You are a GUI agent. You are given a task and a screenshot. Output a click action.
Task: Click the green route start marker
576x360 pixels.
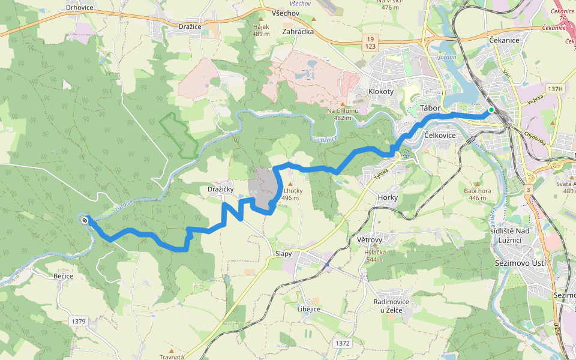tap(491, 110)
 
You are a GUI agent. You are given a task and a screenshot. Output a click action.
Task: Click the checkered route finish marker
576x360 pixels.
tap(85, 220)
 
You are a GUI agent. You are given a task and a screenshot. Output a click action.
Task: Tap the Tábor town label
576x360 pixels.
tap(430, 108)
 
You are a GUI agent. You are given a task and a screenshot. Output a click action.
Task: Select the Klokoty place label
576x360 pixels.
tap(381, 92)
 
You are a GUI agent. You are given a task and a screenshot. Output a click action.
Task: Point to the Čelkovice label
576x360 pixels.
tap(440, 136)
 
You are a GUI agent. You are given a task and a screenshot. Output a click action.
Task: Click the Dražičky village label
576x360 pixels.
tap(220, 190)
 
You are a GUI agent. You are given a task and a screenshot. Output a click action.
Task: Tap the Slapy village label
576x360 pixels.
tap(283, 254)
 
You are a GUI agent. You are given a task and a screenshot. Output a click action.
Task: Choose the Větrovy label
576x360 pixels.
tap(370, 240)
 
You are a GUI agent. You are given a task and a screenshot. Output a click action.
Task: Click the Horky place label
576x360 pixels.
tap(388, 197)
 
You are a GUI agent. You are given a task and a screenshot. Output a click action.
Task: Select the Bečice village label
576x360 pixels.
tap(62, 276)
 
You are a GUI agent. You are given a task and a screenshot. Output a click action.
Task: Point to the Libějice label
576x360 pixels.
tap(308, 309)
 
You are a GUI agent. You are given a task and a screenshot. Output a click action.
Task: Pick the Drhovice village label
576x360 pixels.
tap(79, 8)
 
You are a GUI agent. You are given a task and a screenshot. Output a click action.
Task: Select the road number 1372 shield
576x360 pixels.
tap(343, 343)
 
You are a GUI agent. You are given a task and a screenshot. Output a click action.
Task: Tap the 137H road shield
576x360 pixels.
tap(556, 89)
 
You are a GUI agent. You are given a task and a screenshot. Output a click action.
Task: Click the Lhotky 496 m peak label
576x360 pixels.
tap(293, 194)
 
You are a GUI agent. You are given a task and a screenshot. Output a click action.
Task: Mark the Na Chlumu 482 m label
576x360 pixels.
tap(343, 114)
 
